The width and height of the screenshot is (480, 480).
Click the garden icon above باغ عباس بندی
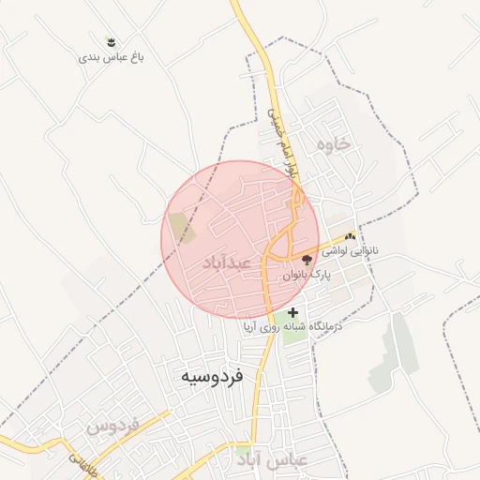click(112, 42)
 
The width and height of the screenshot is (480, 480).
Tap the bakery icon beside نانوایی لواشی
click(351, 238)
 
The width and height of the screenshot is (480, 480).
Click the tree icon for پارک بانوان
click(307, 260)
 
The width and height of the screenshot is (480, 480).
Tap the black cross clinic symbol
click(293, 312)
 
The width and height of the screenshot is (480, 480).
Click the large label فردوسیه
click(212, 376)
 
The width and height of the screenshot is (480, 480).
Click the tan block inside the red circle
click(180, 228)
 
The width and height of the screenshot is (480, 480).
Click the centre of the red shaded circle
click(240, 240)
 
